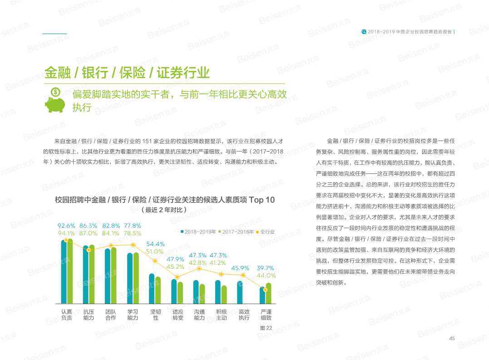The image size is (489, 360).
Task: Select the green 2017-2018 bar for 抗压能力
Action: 92,274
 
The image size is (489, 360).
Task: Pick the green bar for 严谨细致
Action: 268,293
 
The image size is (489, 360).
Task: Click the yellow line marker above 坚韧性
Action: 155,261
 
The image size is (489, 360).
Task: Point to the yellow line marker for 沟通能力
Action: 199,269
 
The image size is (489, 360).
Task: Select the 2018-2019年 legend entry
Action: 198,232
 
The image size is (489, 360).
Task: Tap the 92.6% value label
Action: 66,226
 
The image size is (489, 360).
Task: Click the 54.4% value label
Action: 155,244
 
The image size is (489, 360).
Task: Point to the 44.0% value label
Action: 266,275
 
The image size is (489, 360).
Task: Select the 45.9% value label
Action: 240,268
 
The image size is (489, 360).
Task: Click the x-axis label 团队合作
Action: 111,315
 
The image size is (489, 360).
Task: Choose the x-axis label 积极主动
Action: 222,315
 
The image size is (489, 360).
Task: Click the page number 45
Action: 452,338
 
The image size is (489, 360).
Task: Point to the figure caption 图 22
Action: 266,328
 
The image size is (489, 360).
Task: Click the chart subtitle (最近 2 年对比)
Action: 164,210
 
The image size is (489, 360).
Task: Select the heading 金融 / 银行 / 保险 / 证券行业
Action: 127,72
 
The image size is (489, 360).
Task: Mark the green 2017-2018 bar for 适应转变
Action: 180,293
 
